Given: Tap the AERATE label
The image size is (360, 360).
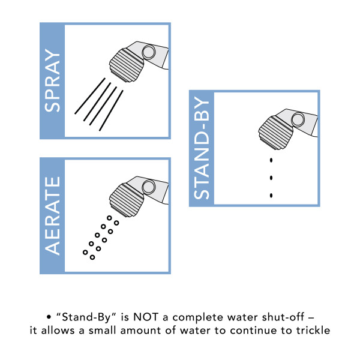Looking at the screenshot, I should click(52, 217).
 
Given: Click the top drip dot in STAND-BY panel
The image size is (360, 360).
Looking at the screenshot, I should click(272, 160).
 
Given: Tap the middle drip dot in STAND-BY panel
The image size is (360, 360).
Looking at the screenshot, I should click(272, 178).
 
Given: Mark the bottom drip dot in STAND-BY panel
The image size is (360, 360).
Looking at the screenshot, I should click(272, 195).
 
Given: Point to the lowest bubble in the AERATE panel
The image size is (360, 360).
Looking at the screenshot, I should click(92, 257).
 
